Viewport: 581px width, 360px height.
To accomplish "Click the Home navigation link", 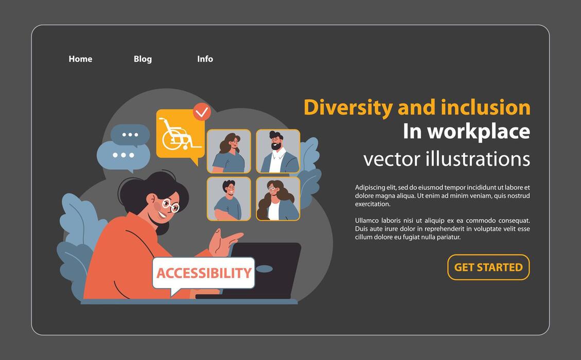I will tap(80, 59).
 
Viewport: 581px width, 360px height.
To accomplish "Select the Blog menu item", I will tap(143, 59).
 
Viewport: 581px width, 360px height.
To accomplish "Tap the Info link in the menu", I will tap(205, 59).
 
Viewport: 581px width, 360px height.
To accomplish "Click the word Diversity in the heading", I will tap(348, 107).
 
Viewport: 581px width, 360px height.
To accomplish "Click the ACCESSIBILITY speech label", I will tap(204, 273).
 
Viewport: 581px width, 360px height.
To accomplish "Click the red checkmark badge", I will tap(202, 112).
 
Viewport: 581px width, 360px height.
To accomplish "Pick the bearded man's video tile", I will tap(278, 151).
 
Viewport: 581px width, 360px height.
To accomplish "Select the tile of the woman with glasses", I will tap(278, 199).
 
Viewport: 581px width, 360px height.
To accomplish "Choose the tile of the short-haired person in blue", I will tap(228, 199).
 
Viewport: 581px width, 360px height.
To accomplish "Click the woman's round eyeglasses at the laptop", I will tap(170, 206).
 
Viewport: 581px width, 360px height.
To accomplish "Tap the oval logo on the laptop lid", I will tap(264, 268).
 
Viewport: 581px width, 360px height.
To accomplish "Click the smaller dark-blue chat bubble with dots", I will tap(130, 135).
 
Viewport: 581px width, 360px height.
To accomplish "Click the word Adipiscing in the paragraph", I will tap(371, 188).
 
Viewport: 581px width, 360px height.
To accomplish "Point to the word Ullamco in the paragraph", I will tap(367, 221).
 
